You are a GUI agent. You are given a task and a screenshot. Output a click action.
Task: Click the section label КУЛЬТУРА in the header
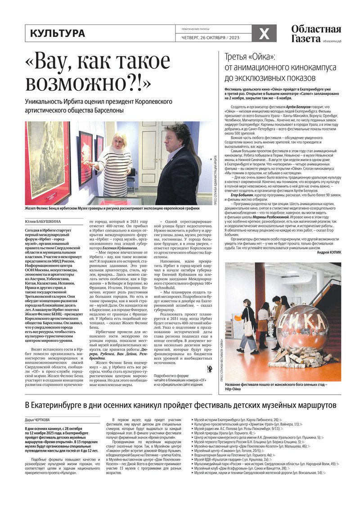tap(57, 33)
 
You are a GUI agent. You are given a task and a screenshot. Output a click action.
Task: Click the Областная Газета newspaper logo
tap(315, 33)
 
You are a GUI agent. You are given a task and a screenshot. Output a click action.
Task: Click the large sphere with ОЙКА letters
tap(302, 327)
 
